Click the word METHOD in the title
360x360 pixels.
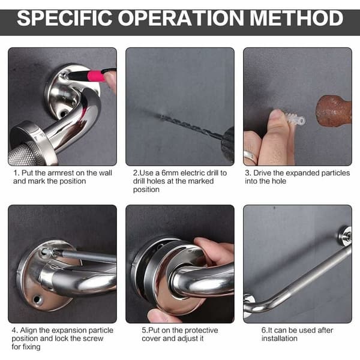tap(296, 18)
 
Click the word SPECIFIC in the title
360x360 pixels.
tap(65, 18)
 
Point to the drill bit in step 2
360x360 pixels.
tap(191, 126)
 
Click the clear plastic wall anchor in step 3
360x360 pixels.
tap(295, 118)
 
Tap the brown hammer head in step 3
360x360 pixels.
tap(334, 111)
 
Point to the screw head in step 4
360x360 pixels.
tap(45, 251)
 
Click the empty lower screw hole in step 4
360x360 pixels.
tap(37, 299)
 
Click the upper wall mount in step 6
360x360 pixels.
tap(345, 235)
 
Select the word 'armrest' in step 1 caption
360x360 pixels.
tap(61, 173)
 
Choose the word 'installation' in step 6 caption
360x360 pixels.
tap(279, 338)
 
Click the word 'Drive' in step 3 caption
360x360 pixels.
tap(262, 173)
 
